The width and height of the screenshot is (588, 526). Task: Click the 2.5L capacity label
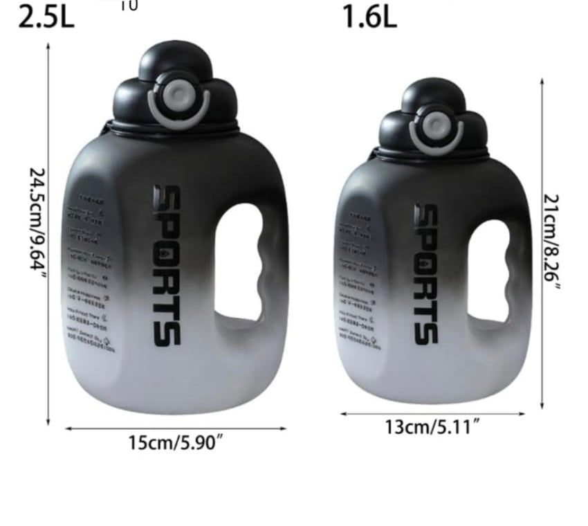[46, 17]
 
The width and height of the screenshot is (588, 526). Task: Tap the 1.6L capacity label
[370, 17]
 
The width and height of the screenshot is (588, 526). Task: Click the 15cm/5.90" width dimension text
[176, 442]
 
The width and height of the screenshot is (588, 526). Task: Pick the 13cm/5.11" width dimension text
[432, 426]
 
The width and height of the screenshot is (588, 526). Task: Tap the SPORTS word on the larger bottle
[167, 265]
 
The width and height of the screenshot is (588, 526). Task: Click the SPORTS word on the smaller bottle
[426, 273]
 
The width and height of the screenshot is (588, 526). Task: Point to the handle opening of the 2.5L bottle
[239, 262]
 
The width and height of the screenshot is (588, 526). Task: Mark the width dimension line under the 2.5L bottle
[176, 428]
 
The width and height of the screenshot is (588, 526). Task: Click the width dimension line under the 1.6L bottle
[432, 414]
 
